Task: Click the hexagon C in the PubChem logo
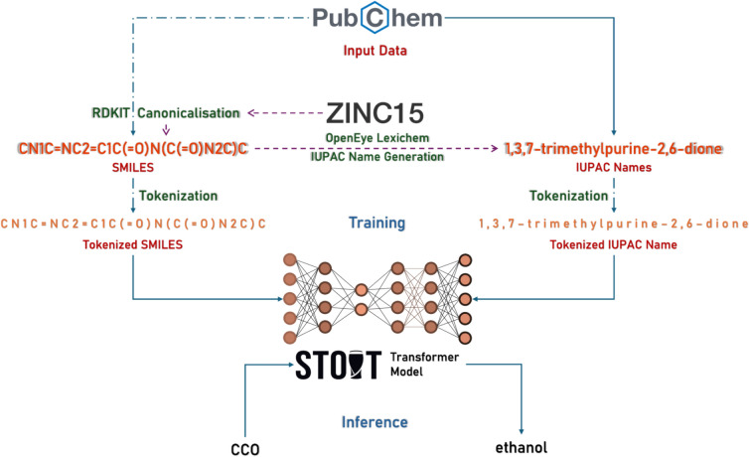(x=376, y=18)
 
